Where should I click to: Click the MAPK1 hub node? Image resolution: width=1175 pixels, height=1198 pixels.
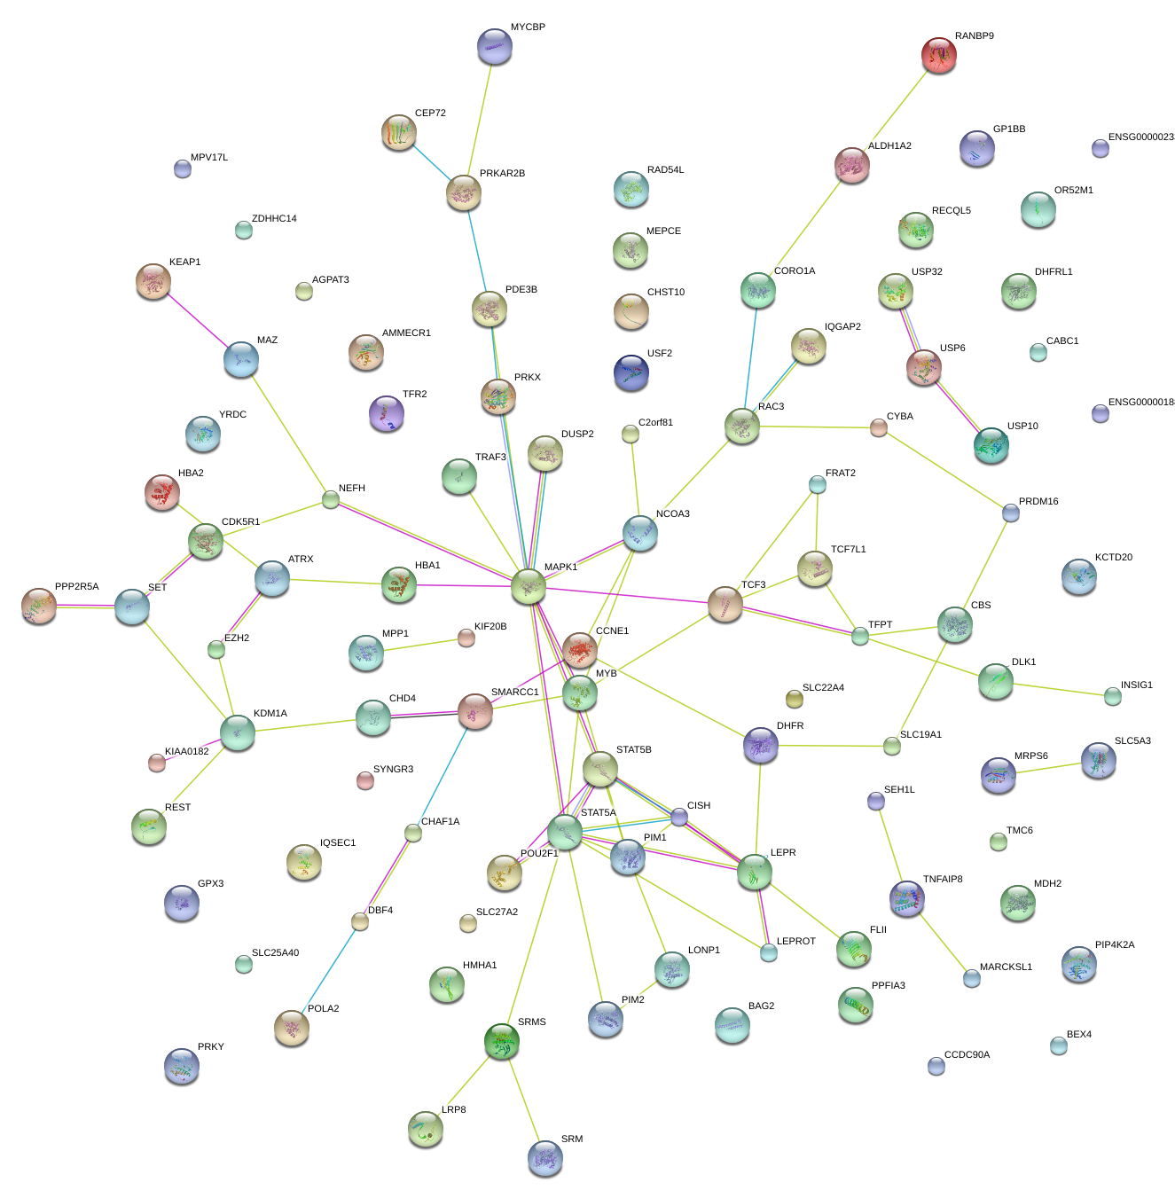click(529, 585)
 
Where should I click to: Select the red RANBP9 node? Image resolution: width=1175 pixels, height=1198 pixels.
click(939, 55)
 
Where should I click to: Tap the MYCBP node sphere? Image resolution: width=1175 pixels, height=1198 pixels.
click(495, 46)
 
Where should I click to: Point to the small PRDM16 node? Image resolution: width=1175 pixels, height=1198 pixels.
click(1010, 513)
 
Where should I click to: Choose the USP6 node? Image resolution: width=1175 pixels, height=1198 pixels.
click(924, 367)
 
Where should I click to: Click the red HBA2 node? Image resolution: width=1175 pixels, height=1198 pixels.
click(162, 492)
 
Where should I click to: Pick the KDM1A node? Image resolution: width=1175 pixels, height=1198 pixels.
click(238, 732)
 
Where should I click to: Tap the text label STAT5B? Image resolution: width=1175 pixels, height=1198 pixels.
click(633, 749)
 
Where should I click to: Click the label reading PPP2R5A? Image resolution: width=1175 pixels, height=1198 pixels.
click(76, 586)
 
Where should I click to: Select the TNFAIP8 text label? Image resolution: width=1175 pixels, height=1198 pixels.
click(942, 879)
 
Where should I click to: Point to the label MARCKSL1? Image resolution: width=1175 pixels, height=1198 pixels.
click(1006, 967)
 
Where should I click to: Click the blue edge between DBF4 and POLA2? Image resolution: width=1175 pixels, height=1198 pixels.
click(325, 975)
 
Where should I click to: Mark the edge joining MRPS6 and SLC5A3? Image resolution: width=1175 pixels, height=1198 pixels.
click(1048, 768)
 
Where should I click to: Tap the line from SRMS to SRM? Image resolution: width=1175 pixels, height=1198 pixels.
click(523, 1100)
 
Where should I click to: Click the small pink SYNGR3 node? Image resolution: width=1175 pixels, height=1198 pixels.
click(364, 780)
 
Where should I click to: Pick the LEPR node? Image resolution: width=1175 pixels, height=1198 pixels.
click(754, 872)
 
